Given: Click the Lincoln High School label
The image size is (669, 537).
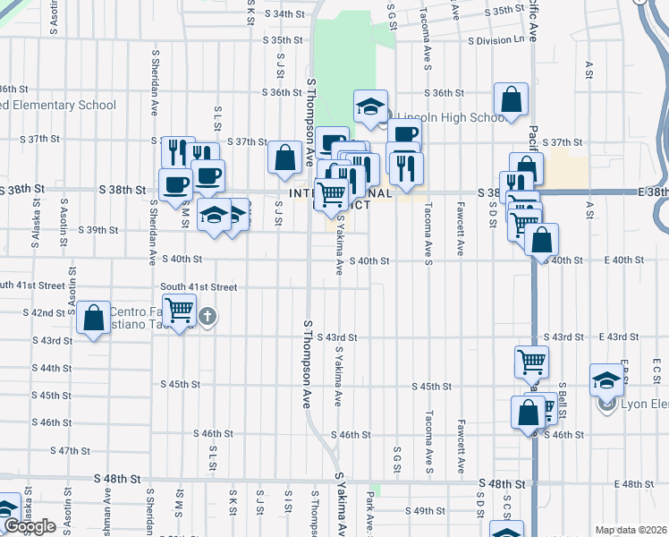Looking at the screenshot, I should point(451,118).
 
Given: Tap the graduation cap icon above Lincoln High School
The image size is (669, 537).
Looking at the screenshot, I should point(370,107).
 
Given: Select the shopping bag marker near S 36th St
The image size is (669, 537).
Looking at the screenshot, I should point(511,100).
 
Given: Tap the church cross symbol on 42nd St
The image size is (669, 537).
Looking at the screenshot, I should point(207,316).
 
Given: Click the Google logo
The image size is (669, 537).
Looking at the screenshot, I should point(29,526).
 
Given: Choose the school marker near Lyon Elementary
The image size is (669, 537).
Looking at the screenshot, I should point(607,379).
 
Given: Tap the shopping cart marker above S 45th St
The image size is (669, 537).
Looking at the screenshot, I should point(531,362).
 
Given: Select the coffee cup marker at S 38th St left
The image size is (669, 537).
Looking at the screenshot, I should point(175,184).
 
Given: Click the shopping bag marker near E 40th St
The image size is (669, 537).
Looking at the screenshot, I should point(541,240).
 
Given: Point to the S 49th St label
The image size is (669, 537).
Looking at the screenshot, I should point(424,511).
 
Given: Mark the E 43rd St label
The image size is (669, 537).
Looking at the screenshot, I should point(617,337).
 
